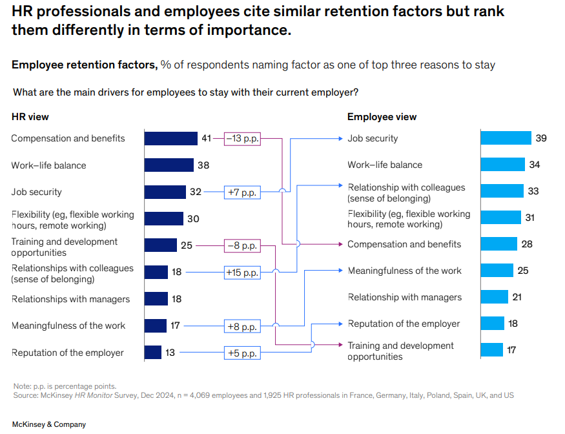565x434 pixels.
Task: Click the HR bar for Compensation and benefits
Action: [x=170, y=138]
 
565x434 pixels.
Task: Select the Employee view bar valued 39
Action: [x=506, y=138]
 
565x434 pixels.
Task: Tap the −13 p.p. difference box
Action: [x=242, y=138]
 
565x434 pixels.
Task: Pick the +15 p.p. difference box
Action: [x=242, y=273]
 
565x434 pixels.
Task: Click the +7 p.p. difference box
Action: [x=242, y=192]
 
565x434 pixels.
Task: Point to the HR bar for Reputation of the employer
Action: [x=152, y=353]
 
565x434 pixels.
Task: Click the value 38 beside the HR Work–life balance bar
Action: [x=203, y=165]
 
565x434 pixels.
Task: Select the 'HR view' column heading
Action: [x=30, y=117]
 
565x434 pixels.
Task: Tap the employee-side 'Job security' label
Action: [x=373, y=138]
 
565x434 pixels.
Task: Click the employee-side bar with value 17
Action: [x=491, y=350]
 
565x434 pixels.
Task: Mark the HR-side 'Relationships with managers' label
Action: [x=70, y=299]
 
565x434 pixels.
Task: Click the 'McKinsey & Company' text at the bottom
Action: [x=48, y=424]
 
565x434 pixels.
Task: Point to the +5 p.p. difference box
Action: [x=242, y=353]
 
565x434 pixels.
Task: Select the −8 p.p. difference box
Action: [x=242, y=245]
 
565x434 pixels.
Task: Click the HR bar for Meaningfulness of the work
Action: [x=155, y=326]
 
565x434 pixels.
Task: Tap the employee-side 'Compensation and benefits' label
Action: [x=404, y=244]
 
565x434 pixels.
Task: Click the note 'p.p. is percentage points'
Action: [x=65, y=386]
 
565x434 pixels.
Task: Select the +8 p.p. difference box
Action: [x=242, y=326]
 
